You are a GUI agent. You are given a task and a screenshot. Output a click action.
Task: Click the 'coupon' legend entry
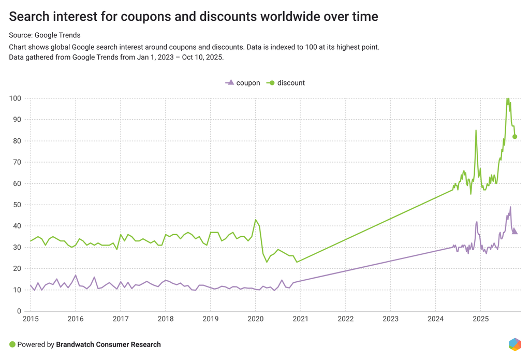click(x=243, y=83)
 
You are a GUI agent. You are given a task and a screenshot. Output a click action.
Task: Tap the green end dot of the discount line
click(x=515, y=137)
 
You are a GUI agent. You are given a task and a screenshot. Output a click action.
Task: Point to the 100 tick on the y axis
click(x=14, y=98)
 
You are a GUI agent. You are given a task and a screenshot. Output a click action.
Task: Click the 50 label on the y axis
click(x=17, y=205)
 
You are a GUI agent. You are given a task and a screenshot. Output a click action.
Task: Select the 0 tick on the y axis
click(x=19, y=311)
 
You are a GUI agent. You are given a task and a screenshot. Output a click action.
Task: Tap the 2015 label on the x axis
click(x=31, y=319)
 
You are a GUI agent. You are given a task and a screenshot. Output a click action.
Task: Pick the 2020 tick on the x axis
click(x=255, y=319)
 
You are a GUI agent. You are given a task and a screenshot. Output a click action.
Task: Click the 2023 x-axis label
click(x=390, y=319)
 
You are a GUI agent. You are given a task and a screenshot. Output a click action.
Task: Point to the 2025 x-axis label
click(x=480, y=319)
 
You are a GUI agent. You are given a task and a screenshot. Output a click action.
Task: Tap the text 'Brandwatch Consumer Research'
click(x=108, y=344)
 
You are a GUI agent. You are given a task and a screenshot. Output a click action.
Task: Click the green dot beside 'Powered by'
click(x=12, y=344)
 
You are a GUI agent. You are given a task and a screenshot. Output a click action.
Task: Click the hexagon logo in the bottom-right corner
click(x=514, y=344)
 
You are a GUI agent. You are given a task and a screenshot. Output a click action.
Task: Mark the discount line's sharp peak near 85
click(x=476, y=131)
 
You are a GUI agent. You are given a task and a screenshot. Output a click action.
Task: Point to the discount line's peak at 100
click(x=507, y=98)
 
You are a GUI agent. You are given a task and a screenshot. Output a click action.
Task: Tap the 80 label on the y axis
click(x=17, y=141)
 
